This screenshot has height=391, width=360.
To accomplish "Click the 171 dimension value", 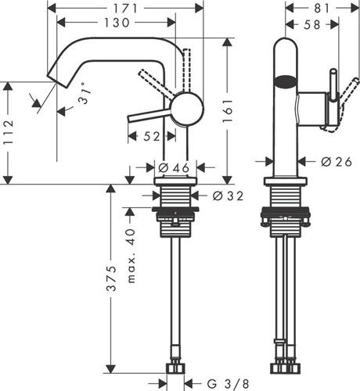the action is [x=125, y=9].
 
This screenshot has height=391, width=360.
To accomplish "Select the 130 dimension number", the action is [x=117, y=23].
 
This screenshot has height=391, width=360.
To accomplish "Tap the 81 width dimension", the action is [x=322, y=9].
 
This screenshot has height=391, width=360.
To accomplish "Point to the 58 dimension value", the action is [x=312, y=25].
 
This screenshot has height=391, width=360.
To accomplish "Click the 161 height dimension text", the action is [x=227, y=111].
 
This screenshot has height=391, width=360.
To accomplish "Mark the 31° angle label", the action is [x=85, y=93].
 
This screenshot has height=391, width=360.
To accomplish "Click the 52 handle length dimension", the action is [x=152, y=136].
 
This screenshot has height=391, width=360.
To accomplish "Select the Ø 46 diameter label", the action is [x=174, y=168].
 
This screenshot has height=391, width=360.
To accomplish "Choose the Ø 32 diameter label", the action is [x=228, y=195].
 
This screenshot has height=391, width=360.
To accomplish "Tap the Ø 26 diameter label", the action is [x=337, y=162].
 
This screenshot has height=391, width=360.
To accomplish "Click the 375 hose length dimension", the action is [x=111, y=278].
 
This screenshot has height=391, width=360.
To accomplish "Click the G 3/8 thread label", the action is [x=229, y=384].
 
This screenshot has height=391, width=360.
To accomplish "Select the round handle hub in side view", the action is [x=186, y=109].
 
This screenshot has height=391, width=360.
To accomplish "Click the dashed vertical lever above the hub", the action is [x=186, y=70].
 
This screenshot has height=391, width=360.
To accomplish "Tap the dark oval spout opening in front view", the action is [x=286, y=81].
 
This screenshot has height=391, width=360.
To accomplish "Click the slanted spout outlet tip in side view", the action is [x=58, y=79].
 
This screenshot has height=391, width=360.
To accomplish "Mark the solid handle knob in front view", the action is [x=333, y=85].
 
